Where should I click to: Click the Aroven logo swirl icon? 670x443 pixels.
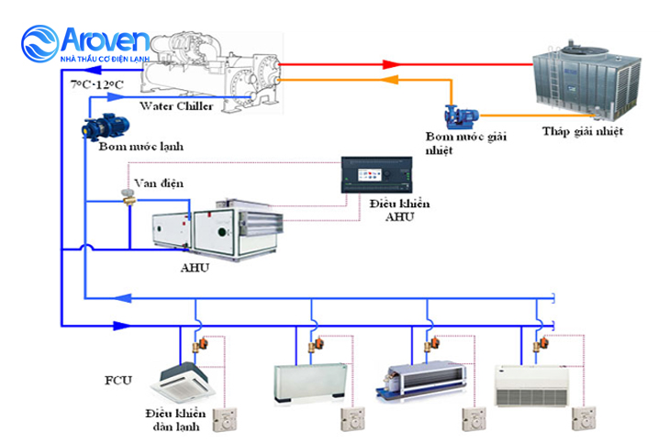[41, 42]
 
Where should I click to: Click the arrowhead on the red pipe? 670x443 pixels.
[392, 64]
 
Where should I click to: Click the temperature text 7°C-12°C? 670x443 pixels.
[96, 84]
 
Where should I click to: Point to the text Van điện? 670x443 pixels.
[158, 183]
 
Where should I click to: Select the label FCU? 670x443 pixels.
[119, 377]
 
